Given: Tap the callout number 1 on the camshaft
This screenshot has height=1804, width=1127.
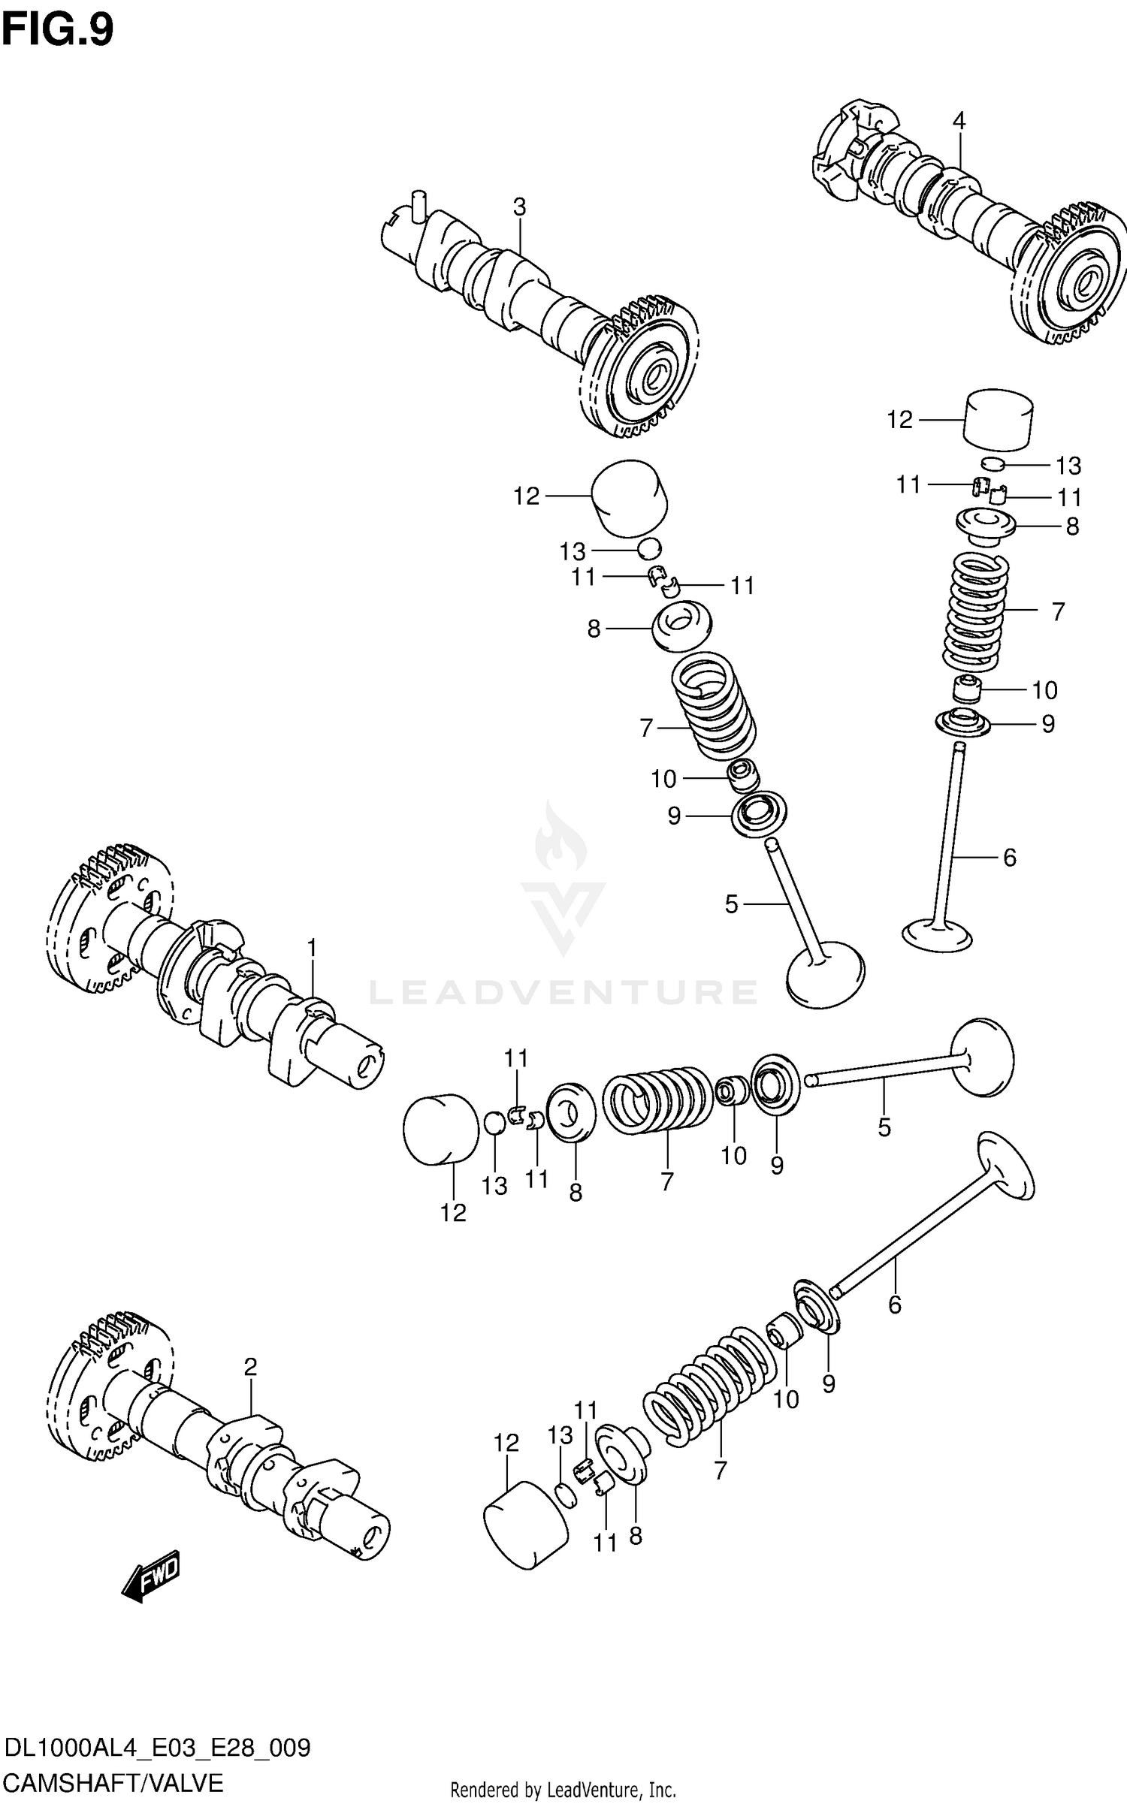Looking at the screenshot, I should click(312, 948).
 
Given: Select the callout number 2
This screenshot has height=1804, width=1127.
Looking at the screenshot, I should click(250, 1367).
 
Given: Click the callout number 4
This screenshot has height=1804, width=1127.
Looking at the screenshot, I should click(959, 121).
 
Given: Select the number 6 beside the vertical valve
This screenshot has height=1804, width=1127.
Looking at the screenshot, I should click(1009, 857).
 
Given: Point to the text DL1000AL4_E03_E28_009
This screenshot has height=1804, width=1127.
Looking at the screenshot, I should click(157, 1748).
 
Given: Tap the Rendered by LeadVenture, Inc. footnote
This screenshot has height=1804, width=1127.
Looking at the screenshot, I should click(563, 1792).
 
